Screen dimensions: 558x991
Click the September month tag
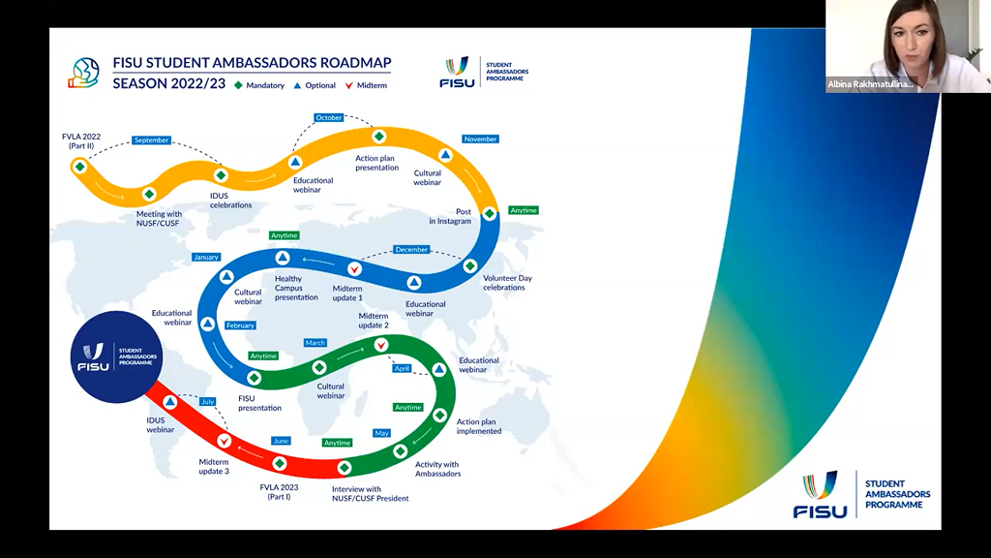pyautogui.click(x=151, y=140)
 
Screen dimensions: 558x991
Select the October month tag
pyautogui.click(x=329, y=118)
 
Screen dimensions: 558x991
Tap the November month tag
pyautogui.click(x=480, y=139)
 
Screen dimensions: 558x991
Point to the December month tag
pyautogui.click(x=411, y=250)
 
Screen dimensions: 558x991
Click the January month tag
pyautogui.click(x=206, y=258)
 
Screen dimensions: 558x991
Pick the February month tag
pyautogui.click(x=240, y=325)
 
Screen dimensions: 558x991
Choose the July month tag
pyautogui.click(x=207, y=401)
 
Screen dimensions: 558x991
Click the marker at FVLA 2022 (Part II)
pyautogui.click(x=79, y=167)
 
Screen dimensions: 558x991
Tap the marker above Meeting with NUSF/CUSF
pyautogui.click(x=149, y=194)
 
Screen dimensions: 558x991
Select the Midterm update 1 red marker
pyautogui.click(x=355, y=268)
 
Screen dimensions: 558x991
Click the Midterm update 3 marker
pyautogui.click(x=224, y=442)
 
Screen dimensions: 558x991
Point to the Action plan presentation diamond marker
pyautogui.click(x=379, y=137)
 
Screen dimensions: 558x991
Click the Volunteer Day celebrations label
pyautogui.click(x=507, y=283)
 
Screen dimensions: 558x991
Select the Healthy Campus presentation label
pyautogui.click(x=295, y=289)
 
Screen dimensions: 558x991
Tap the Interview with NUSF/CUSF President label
pyautogui.click(x=370, y=494)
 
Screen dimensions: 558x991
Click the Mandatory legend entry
pyautogui.click(x=260, y=85)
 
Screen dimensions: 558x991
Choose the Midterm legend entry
pyautogui.click(x=367, y=85)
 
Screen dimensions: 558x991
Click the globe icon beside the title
pyautogui.click(x=84, y=73)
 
